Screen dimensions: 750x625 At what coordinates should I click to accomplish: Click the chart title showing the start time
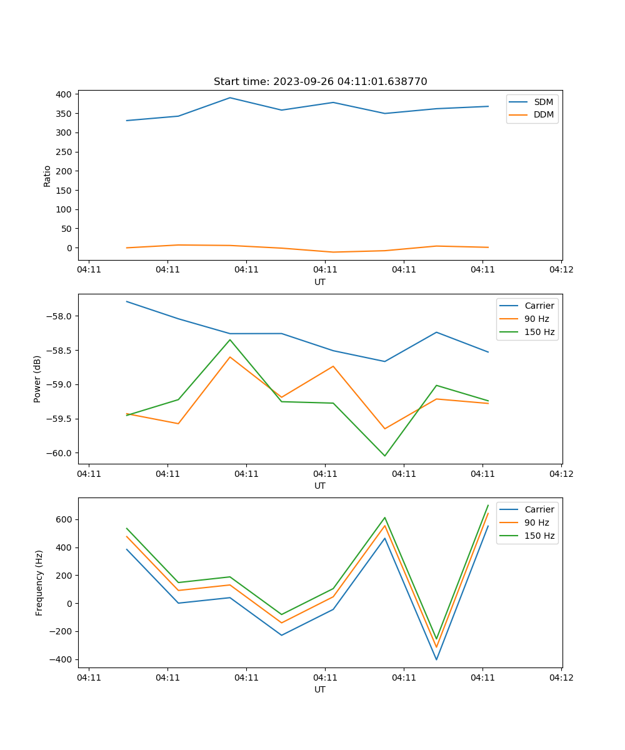[320, 82]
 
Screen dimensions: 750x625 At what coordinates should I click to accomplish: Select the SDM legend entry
[543, 102]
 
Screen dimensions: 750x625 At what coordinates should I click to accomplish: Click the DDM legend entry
[543, 115]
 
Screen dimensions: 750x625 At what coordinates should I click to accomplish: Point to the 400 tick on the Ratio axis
[64, 94]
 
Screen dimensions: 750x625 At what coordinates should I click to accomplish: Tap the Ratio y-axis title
[47, 176]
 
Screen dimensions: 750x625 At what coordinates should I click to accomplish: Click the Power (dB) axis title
[38, 379]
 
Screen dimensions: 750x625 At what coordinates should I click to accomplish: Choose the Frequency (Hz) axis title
[39, 582]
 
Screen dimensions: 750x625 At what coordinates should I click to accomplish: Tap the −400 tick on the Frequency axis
[61, 659]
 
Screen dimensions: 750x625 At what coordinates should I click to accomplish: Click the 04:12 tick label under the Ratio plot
[561, 270]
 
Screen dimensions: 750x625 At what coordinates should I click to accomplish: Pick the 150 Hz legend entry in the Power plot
[539, 332]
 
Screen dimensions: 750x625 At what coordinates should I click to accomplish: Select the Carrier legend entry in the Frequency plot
[539, 509]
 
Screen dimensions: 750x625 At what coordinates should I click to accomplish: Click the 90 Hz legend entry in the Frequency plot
[536, 522]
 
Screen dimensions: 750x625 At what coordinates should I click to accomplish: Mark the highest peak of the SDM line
[230, 97]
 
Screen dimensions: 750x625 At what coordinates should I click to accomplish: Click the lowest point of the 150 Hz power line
[384, 456]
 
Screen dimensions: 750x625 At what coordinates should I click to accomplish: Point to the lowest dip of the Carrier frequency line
[436, 659]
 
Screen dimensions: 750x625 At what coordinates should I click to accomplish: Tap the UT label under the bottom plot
[320, 689]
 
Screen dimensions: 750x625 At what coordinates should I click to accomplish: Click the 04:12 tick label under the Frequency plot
[561, 677]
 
